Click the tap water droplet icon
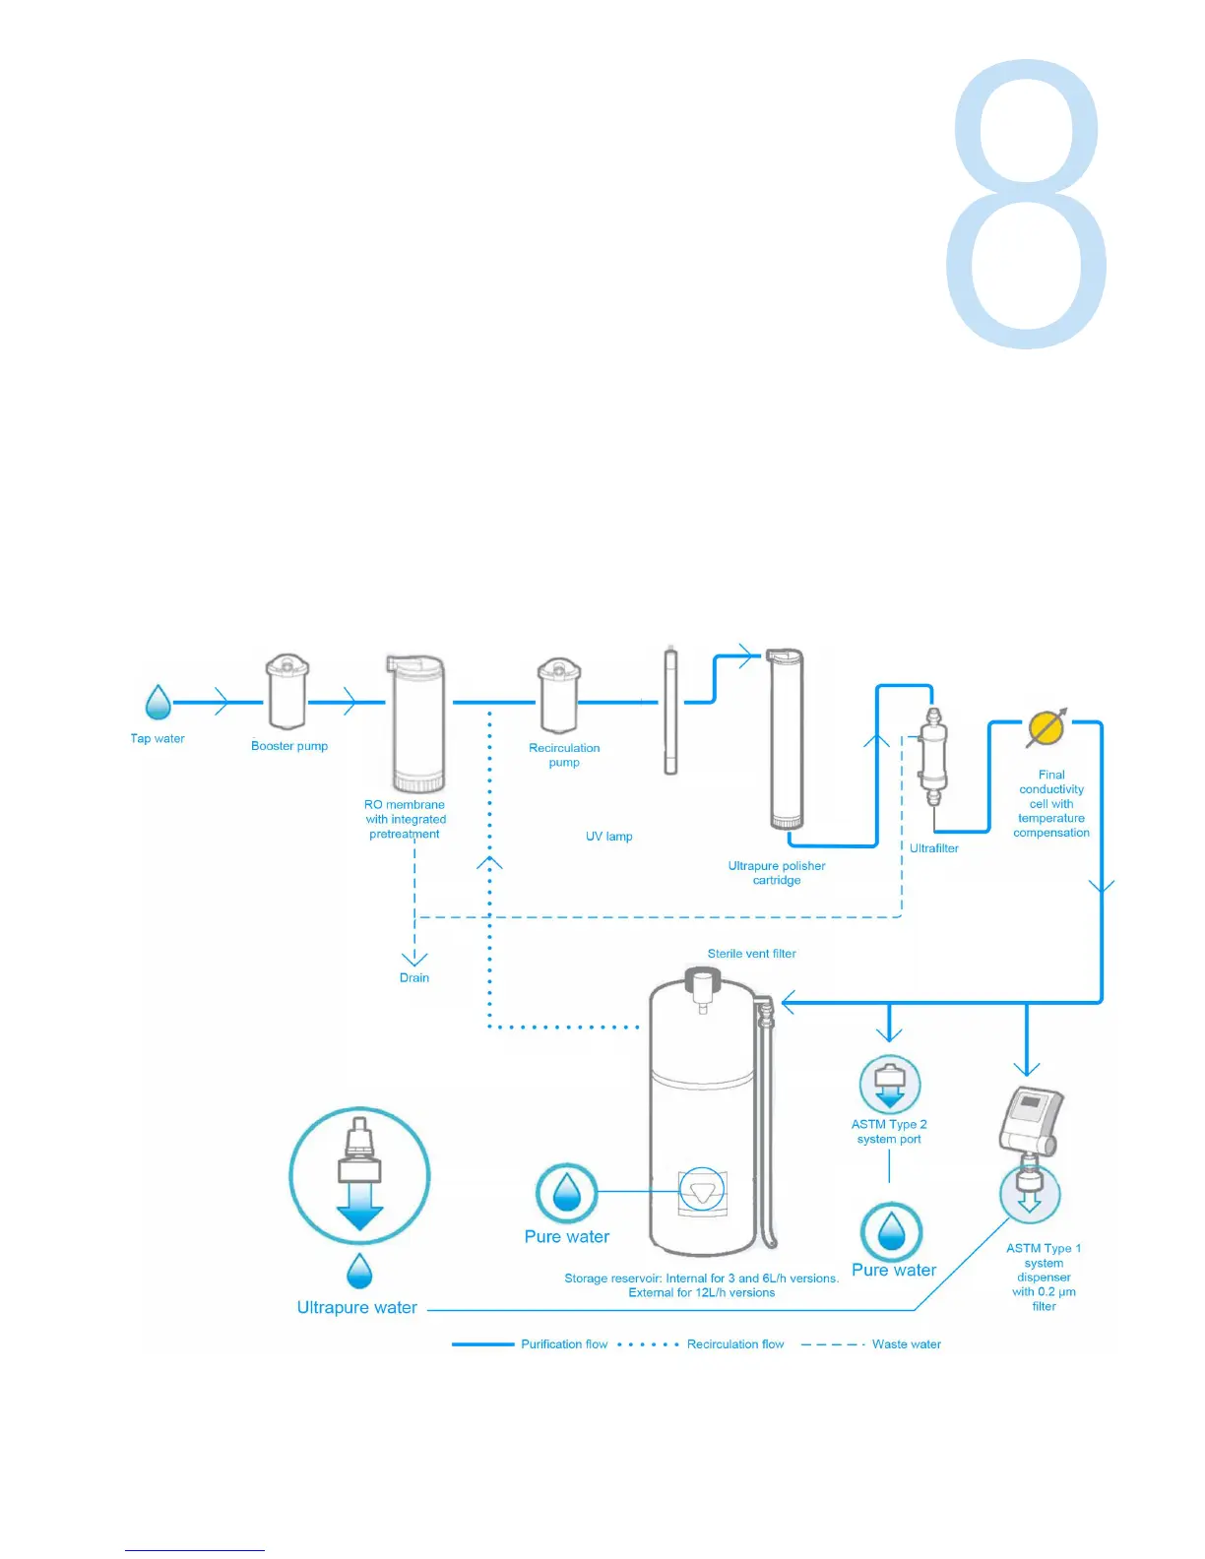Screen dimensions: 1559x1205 coord(158,703)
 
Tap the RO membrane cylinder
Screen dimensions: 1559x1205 coord(417,723)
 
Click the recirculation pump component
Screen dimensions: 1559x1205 coord(558,696)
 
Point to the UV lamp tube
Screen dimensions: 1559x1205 coord(670,711)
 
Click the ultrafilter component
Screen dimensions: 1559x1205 coord(932,756)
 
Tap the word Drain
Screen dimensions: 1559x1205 coord(414,978)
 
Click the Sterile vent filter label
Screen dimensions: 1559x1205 coord(751,954)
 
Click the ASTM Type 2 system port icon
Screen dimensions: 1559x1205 coord(890,1085)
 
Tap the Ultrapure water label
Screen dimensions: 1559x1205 coord(357,1308)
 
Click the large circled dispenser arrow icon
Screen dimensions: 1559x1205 coord(359,1175)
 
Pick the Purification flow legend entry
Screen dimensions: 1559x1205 coord(564,1344)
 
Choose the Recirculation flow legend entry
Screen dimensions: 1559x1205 coord(735,1344)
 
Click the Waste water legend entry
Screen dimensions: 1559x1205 coord(906,1344)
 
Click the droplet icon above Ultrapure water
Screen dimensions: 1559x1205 coord(359,1272)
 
